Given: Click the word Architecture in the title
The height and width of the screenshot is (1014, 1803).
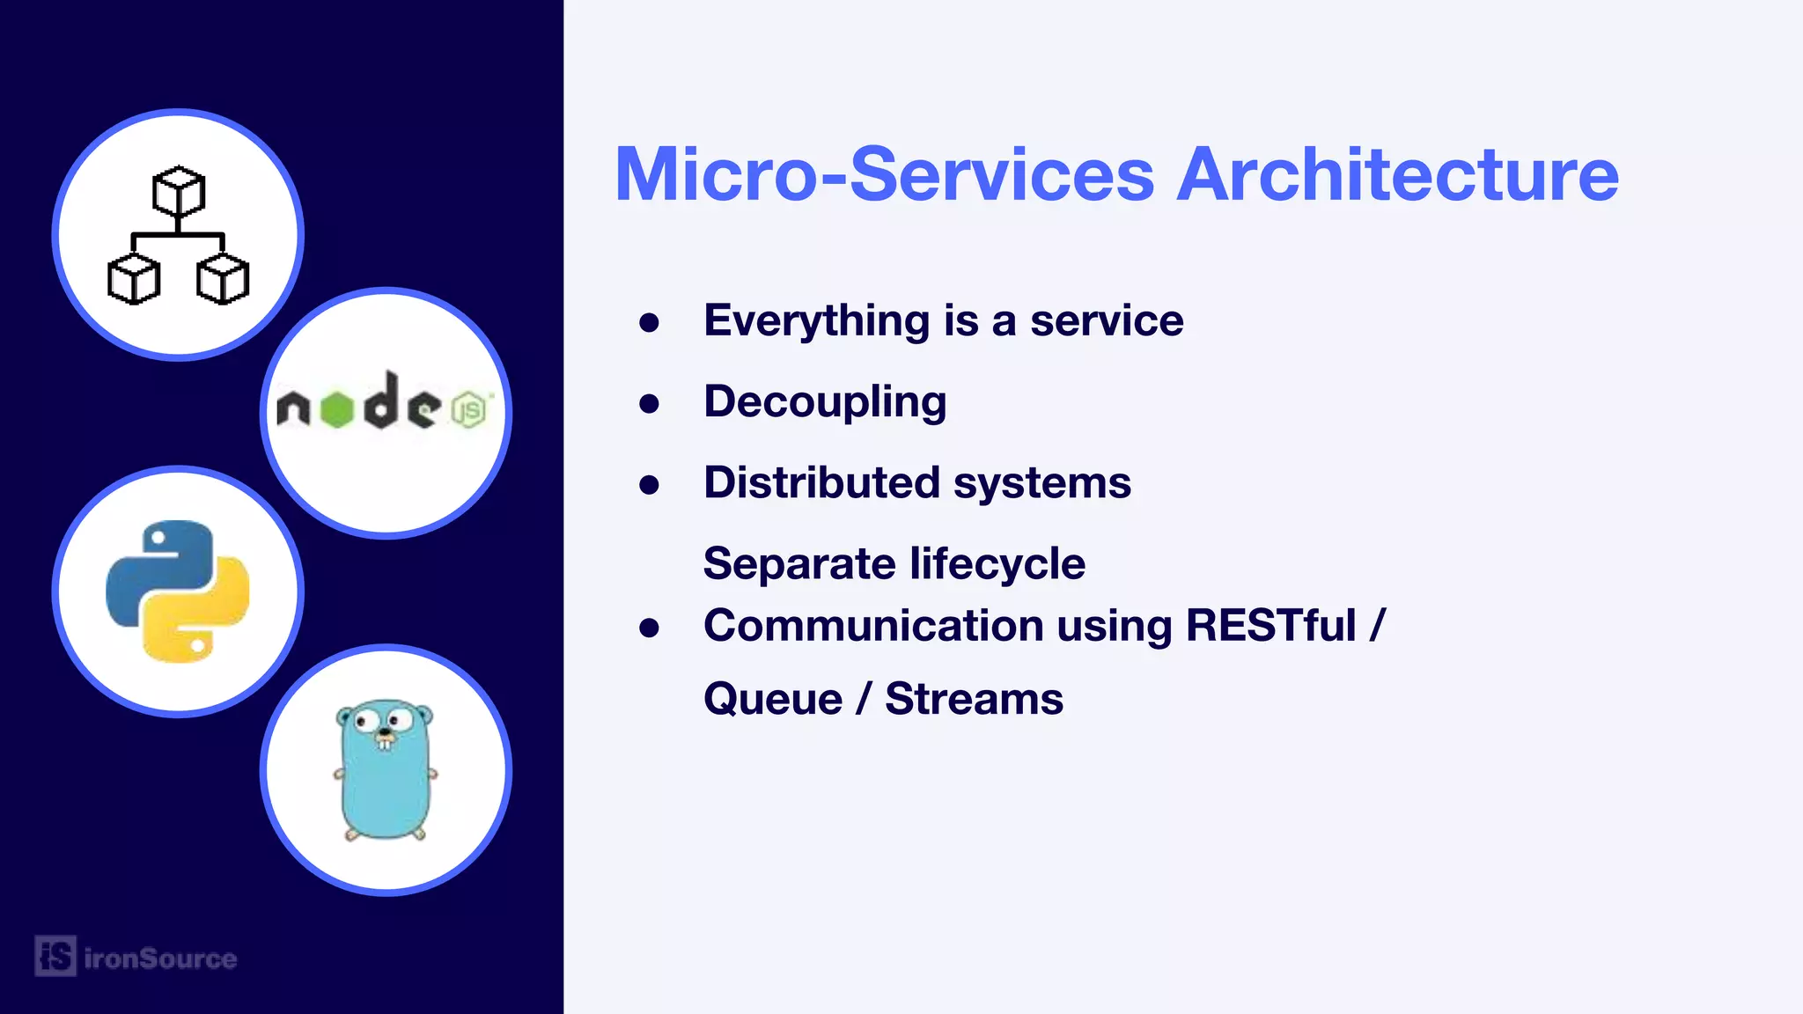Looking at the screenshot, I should click(1397, 174).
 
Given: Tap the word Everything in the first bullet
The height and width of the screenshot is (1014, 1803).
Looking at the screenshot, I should click(816, 321).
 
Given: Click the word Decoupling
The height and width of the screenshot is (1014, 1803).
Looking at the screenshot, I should click(825, 402).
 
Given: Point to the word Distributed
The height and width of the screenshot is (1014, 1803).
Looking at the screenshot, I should click(821, 482).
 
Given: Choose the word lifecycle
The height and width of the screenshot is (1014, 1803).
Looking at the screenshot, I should click(997, 563).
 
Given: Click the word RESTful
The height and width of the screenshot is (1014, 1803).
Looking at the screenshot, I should click(1270, 626).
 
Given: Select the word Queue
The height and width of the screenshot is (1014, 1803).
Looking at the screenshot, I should click(773, 700).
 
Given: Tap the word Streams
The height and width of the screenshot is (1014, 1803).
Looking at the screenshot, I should click(974, 700).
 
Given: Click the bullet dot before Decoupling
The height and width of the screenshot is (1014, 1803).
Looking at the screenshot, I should click(650, 404).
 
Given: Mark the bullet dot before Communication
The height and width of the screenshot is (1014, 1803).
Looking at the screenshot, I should click(650, 628).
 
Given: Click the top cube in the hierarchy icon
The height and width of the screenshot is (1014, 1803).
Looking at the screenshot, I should click(179, 191).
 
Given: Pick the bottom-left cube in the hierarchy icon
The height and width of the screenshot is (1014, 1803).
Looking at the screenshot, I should click(134, 279).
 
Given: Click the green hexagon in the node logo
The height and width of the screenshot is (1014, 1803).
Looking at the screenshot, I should click(336, 409).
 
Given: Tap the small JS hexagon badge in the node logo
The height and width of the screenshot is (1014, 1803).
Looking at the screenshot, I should click(468, 410).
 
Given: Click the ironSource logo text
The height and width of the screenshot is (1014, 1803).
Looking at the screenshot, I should click(160, 958).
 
